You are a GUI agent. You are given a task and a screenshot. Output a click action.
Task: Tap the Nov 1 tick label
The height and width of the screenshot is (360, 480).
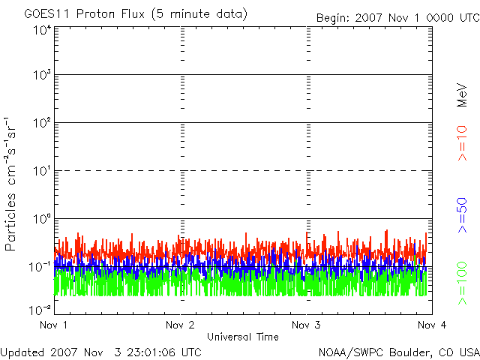54,325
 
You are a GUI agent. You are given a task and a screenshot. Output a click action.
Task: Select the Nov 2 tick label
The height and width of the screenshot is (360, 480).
180,325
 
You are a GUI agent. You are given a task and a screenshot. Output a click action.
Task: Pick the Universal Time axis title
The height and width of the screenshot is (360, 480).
242,337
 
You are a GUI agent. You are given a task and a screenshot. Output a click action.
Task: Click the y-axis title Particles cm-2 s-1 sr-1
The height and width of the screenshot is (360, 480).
12,183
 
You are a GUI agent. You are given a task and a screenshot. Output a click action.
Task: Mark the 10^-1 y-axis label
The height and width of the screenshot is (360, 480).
40,266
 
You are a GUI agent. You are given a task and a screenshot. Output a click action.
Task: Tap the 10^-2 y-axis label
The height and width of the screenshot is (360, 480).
40,309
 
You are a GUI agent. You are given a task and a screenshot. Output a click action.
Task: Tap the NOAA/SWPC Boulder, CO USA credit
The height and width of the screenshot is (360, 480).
398,352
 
